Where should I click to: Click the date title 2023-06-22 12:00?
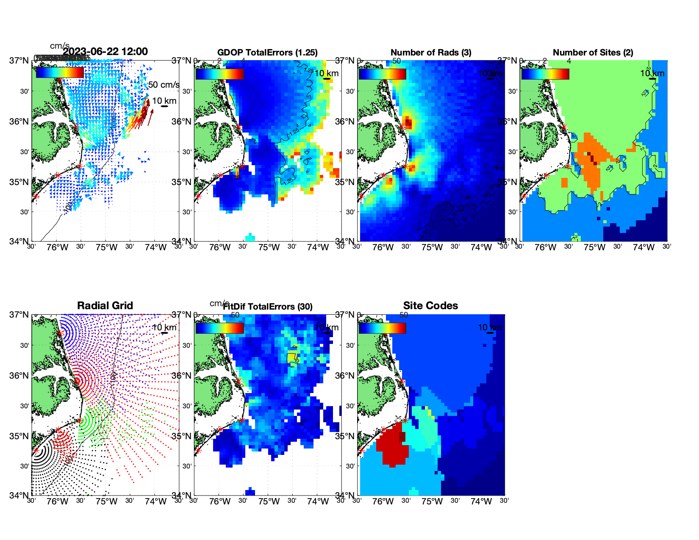click(105, 52)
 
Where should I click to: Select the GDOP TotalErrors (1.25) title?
click(267, 53)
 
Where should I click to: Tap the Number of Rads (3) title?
click(431, 53)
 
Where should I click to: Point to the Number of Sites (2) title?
click(593, 53)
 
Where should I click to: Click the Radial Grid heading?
click(105, 306)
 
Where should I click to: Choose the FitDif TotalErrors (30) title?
click(268, 307)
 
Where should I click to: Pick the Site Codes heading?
click(430, 306)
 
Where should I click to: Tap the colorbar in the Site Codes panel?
click(382, 328)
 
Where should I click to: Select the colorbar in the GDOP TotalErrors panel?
click(219, 74)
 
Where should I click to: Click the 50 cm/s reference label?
click(164, 85)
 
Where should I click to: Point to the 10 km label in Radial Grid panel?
click(164, 327)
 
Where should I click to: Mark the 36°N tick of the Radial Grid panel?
click(19, 376)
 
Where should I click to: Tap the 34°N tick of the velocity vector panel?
click(19, 241)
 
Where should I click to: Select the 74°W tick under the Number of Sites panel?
click(644, 248)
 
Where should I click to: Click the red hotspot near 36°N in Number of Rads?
click(408, 123)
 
